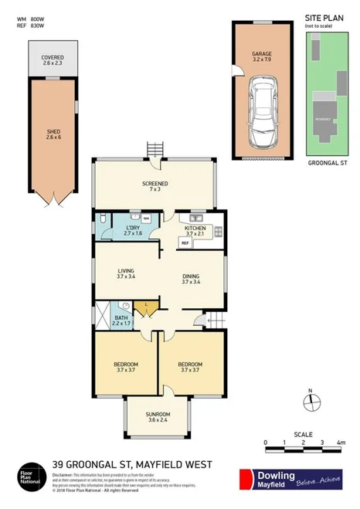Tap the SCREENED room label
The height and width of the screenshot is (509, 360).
[x=155, y=183]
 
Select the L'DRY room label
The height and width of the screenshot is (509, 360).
[x=132, y=228]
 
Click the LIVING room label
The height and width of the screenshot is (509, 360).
[x=125, y=271]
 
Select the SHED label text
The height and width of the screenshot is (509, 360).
[x=53, y=132]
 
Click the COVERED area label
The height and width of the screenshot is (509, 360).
[x=53, y=58]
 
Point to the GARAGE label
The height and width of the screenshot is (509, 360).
[x=262, y=54]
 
